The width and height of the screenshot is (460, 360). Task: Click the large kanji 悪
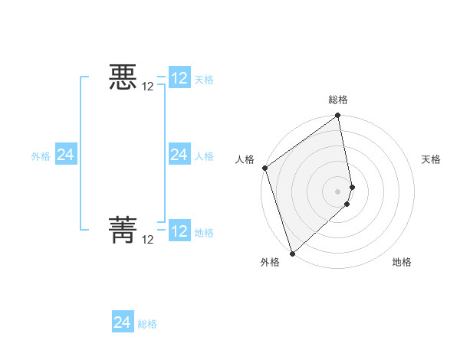tap(123, 78)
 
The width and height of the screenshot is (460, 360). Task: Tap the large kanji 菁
tap(123, 231)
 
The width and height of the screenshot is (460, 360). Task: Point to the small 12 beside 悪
tap(148, 87)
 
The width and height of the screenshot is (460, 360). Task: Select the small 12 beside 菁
tap(148, 239)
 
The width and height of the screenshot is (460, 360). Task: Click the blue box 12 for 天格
tap(179, 78)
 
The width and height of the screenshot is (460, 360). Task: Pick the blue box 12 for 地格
tap(179, 231)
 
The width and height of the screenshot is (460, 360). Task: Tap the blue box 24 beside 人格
tap(179, 155)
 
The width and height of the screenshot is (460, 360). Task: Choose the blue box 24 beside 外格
tap(65, 155)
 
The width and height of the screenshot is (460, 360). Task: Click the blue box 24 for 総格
tap(123, 322)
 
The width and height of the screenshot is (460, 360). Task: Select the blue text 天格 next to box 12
tap(204, 80)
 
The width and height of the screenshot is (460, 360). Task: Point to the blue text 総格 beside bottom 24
tap(147, 324)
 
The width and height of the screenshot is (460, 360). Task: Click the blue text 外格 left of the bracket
tap(41, 156)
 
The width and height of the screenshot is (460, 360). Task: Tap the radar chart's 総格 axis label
tap(338, 100)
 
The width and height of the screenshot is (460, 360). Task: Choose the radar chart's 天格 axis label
tap(431, 159)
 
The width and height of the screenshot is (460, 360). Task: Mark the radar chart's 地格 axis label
tap(402, 262)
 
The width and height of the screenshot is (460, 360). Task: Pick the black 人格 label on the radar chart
tap(245, 159)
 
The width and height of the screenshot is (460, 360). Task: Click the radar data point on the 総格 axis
tap(338, 116)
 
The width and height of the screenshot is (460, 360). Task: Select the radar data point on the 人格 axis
tap(264, 168)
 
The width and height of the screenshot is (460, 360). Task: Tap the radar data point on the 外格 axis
tap(292, 253)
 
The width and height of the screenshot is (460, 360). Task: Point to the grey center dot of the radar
tap(338, 191)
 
